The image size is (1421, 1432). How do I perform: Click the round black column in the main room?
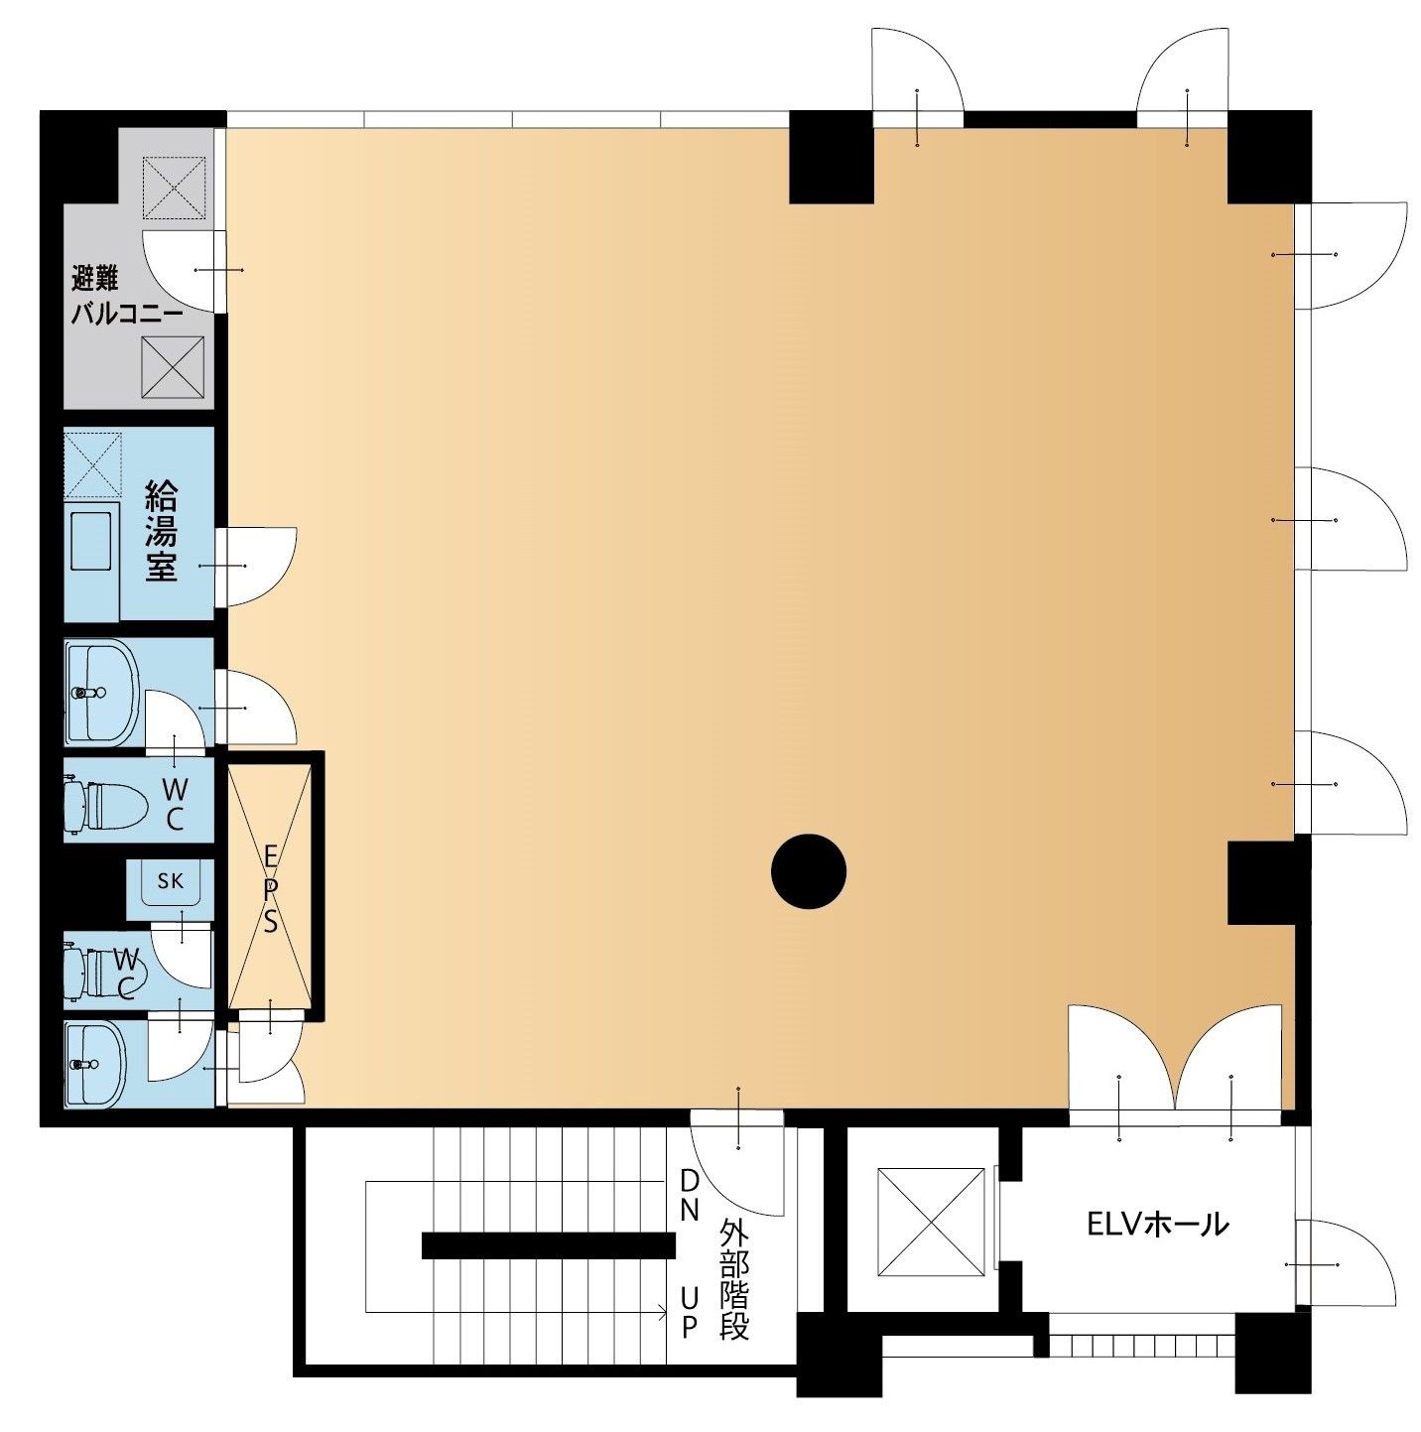(x=809, y=871)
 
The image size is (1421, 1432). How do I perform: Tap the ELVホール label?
(x=1157, y=1224)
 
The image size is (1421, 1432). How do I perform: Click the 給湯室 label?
(x=161, y=531)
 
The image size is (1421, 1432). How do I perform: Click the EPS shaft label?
(x=271, y=890)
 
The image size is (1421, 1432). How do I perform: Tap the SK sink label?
(x=171, y=880)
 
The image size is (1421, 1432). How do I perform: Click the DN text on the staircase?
(x=690, y=1196)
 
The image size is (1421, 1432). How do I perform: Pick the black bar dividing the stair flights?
(x=549, y=1245)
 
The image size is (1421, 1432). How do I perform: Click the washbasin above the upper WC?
(x=102, y=693)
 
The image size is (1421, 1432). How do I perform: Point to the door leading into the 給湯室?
(x=256, y=567)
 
